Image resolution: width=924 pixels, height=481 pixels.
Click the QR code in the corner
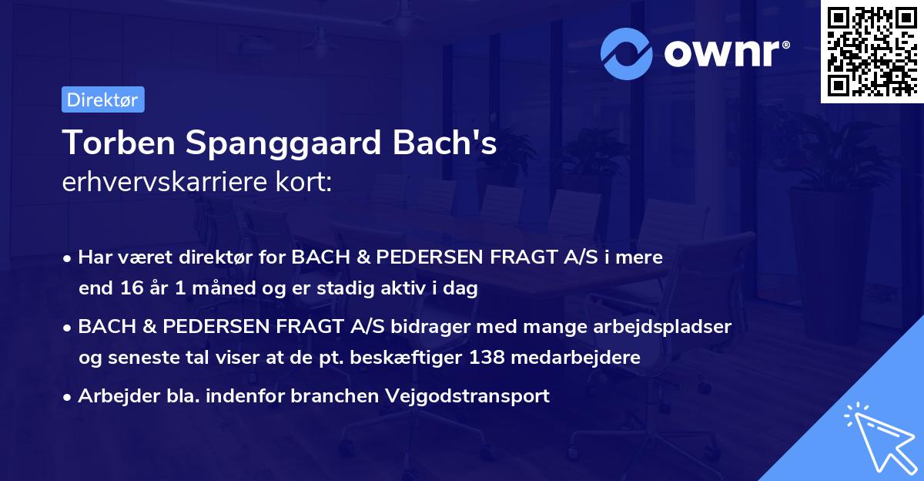(872, 52)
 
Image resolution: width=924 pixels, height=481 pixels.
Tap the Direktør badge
(102, 99)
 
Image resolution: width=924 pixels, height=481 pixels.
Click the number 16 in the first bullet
(129, 289)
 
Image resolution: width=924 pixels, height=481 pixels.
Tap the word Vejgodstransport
(473, 396)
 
